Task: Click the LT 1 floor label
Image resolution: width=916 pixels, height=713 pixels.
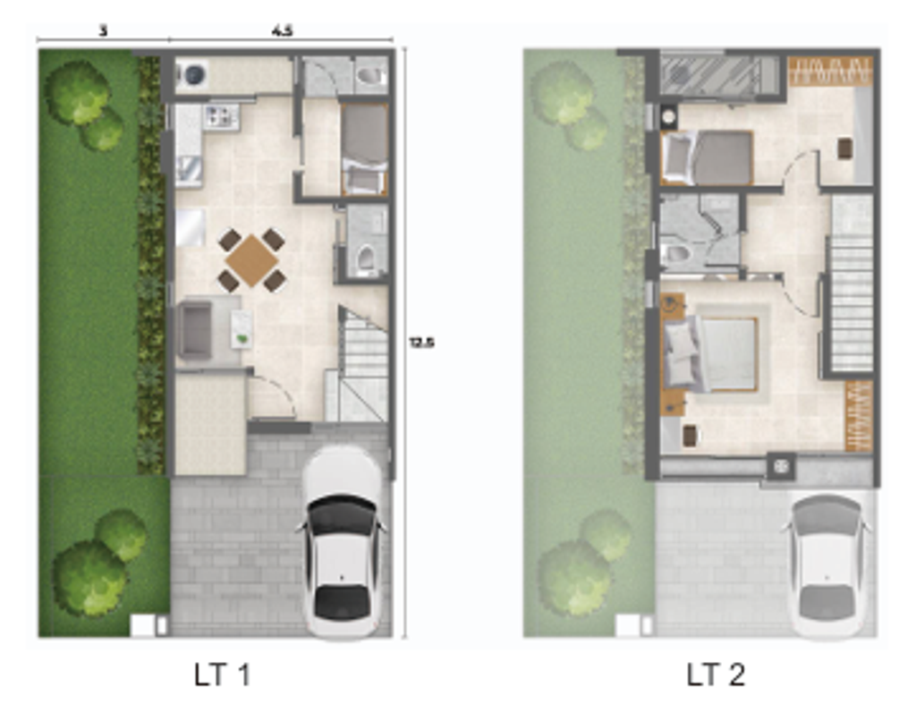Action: tap(222, 675)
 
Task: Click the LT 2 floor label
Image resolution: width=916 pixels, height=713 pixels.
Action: tap(716, 675)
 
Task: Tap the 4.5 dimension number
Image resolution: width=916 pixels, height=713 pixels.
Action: tap(282, 30)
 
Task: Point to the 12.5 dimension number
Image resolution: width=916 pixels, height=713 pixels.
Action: tap(422, 343)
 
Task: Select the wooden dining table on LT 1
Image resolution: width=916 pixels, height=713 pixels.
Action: tap(251, 260)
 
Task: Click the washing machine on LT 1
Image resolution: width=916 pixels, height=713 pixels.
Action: tap(193, 74)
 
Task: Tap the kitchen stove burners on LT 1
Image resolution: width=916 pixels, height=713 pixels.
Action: tap(220, 115)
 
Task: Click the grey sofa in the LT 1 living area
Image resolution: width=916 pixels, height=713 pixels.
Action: tap(194, 329)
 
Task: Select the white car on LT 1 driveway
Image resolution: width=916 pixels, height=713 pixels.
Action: tap(343, 542)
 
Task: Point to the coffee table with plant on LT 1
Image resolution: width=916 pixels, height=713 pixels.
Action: tap(242, 329)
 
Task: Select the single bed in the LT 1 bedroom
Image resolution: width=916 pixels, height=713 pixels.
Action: tap(365, 150)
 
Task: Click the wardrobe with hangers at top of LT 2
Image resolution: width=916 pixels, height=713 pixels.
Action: tap(830, 72)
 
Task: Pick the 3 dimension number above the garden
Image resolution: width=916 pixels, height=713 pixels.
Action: tap(104, 30)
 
